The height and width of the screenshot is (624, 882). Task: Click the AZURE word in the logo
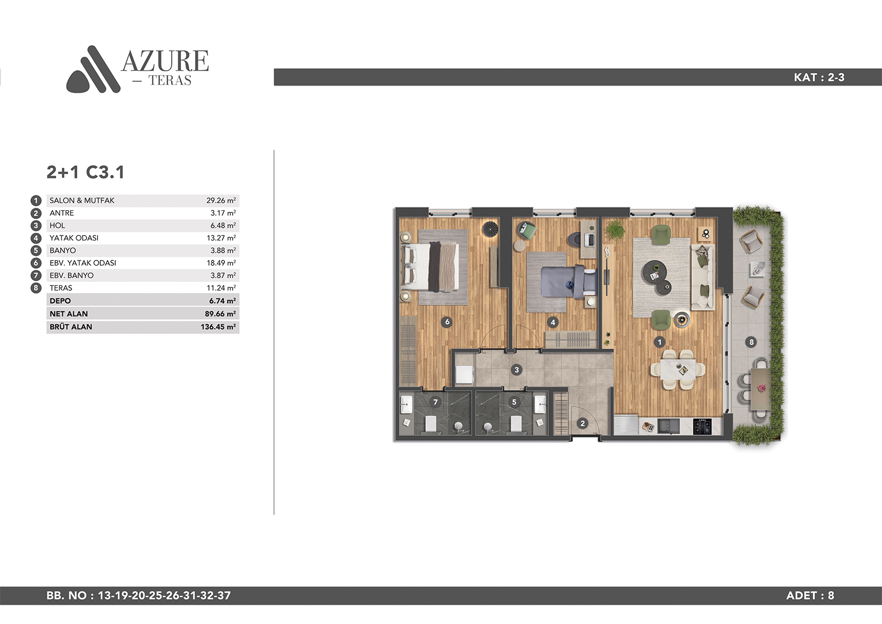coord(165,61)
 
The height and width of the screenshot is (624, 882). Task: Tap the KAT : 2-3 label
coord(819,77)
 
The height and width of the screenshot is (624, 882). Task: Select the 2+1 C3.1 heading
coord(85,172)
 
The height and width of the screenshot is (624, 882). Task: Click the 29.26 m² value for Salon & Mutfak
coord(221,200)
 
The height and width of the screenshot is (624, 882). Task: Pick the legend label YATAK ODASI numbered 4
coord(74,238)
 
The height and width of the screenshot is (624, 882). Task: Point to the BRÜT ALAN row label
coord(71,327)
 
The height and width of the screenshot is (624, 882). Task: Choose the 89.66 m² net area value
coord(220,314)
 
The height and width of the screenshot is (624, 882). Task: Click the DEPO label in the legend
coord(60,301)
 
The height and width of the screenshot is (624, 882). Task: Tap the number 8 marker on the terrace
coord(751,342)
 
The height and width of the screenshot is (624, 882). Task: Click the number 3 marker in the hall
coord(517,370)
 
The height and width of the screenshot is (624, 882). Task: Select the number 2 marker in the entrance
coord(582,424)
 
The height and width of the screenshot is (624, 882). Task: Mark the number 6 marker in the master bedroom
coord(447,322)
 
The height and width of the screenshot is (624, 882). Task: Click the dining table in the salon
coord(678,370)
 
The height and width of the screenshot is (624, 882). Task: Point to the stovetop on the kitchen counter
coord(702,426)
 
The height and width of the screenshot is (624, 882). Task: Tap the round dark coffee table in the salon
coord(654,272)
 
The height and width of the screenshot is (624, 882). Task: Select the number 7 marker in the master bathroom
coord(435,402)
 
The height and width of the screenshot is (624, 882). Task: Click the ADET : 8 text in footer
coord(810,595)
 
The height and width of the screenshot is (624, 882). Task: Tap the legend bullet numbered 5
coord(36,250)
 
